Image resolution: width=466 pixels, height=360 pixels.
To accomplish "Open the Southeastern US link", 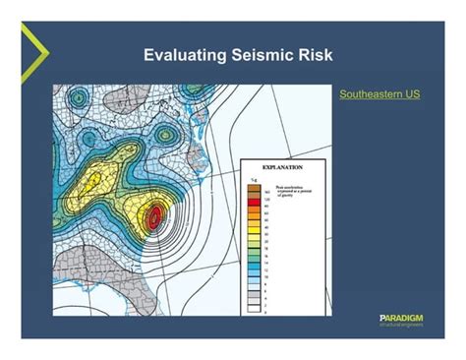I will coord(379,94).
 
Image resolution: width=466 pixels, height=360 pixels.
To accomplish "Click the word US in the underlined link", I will coord(411,94).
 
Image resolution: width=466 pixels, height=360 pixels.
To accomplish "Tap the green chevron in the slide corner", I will coord(31,42).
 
